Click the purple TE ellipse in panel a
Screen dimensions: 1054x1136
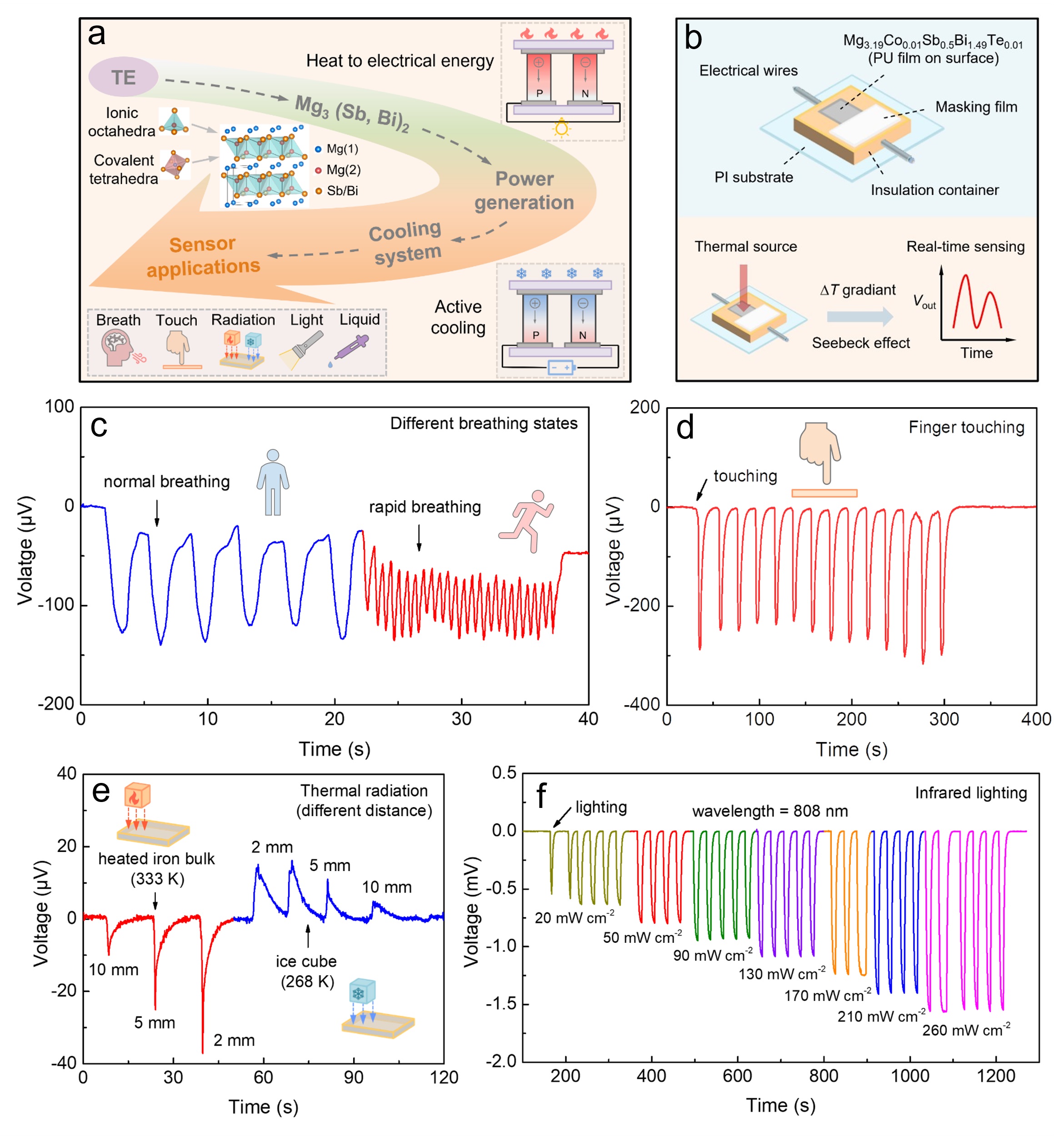(x=123, y=76)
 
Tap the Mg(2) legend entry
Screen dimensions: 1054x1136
(x=338, y=170)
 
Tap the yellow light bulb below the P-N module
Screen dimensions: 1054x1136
(x=561, y=128)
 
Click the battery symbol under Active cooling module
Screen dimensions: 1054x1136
(x=561, y=367)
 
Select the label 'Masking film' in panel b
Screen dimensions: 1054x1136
(x=976, y=107)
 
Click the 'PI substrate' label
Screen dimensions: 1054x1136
(x=754, y=177)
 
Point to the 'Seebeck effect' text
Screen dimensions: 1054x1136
(x=861, y=343)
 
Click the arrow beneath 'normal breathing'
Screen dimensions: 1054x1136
(x=157, y=513)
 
